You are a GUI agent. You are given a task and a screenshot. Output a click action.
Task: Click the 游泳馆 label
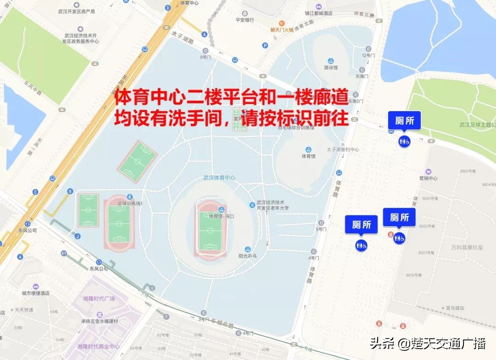point(331,67)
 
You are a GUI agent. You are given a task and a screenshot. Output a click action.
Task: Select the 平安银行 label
point(245,20)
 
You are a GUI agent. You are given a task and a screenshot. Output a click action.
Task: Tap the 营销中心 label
point(428,178)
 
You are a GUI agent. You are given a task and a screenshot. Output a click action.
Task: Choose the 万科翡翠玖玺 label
point(467,247)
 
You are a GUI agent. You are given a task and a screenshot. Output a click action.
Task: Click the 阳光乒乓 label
point(248,256)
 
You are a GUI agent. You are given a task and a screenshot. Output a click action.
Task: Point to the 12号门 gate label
point(368,55)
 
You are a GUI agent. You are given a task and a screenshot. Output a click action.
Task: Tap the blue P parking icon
point(265,45)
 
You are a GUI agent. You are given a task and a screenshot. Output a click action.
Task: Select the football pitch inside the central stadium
point(211,228)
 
